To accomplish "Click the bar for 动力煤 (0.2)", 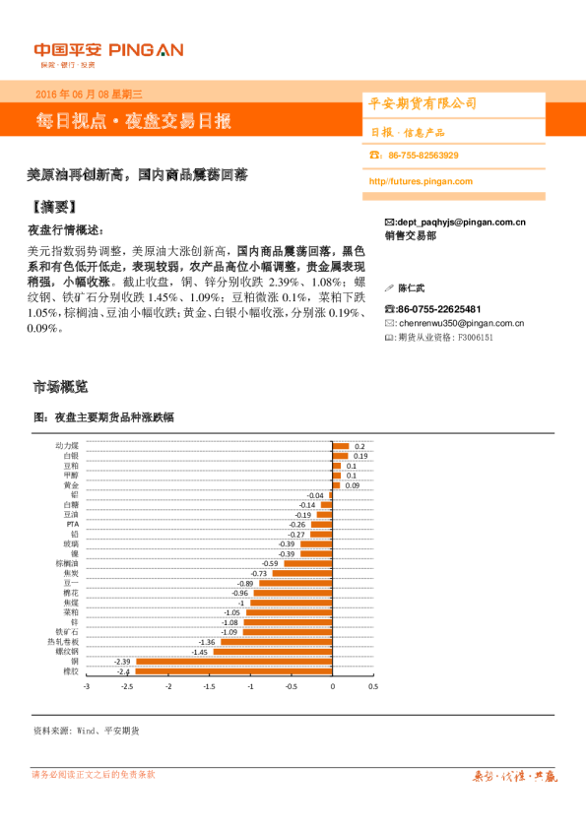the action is pos(341,446).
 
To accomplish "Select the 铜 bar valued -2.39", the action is pos(234,662).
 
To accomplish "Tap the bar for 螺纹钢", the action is pos(273,652).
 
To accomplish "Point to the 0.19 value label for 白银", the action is pos(360,456).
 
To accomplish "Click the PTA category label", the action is pos(72,524).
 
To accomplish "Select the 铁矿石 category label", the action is pos(67,631).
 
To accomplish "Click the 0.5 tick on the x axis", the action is pos(373,686).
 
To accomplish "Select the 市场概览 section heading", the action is pos(60,386).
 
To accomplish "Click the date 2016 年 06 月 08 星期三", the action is pos(89,95).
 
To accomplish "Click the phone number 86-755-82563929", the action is pos(423,156).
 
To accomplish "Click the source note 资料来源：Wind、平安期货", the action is pos(86,731).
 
